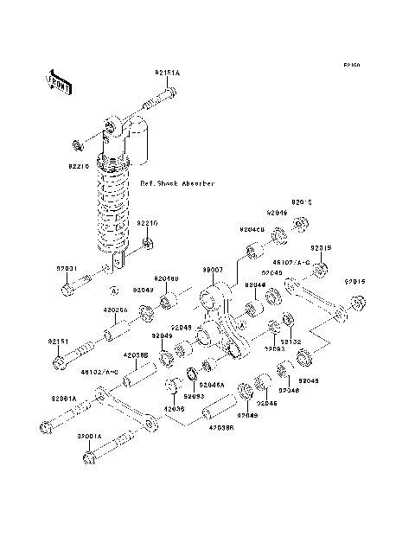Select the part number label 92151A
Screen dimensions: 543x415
(167, 73)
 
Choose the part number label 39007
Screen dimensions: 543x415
(213, 269)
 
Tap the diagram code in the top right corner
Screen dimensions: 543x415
(349, 65)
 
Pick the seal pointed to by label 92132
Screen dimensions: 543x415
(276, 327)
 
